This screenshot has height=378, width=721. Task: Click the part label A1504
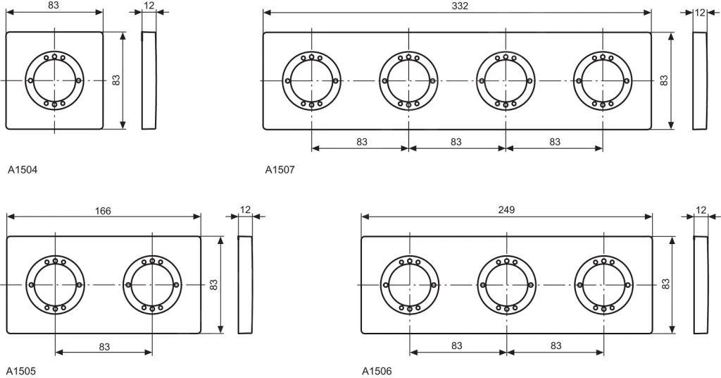(x=23, y=169)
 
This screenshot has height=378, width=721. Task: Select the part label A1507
(x=280, y=169)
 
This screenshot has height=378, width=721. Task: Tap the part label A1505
(x=21, y=370)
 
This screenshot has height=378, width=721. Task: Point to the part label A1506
(x=377, y=370)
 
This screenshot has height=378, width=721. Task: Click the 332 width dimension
(x=460, y=6)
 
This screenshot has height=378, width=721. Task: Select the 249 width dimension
(x=506, y=209)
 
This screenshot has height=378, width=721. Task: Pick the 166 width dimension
(x=103, y=210)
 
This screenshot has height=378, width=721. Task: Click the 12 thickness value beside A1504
(x=149, y=6)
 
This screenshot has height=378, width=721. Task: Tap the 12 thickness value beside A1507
(x=700, y=12)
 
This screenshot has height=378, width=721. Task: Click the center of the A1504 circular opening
(x=55, y=80)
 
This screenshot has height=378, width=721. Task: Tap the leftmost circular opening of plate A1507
(x=312, y=80)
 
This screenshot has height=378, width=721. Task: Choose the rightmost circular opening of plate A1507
(x=603, y=80)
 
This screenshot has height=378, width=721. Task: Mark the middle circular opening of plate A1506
(x=506, y=284)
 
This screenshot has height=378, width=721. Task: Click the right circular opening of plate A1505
(x=152, y=284)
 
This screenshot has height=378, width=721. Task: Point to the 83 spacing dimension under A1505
(x=104, y=346)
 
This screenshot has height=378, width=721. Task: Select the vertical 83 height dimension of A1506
(x=665, y=284)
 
